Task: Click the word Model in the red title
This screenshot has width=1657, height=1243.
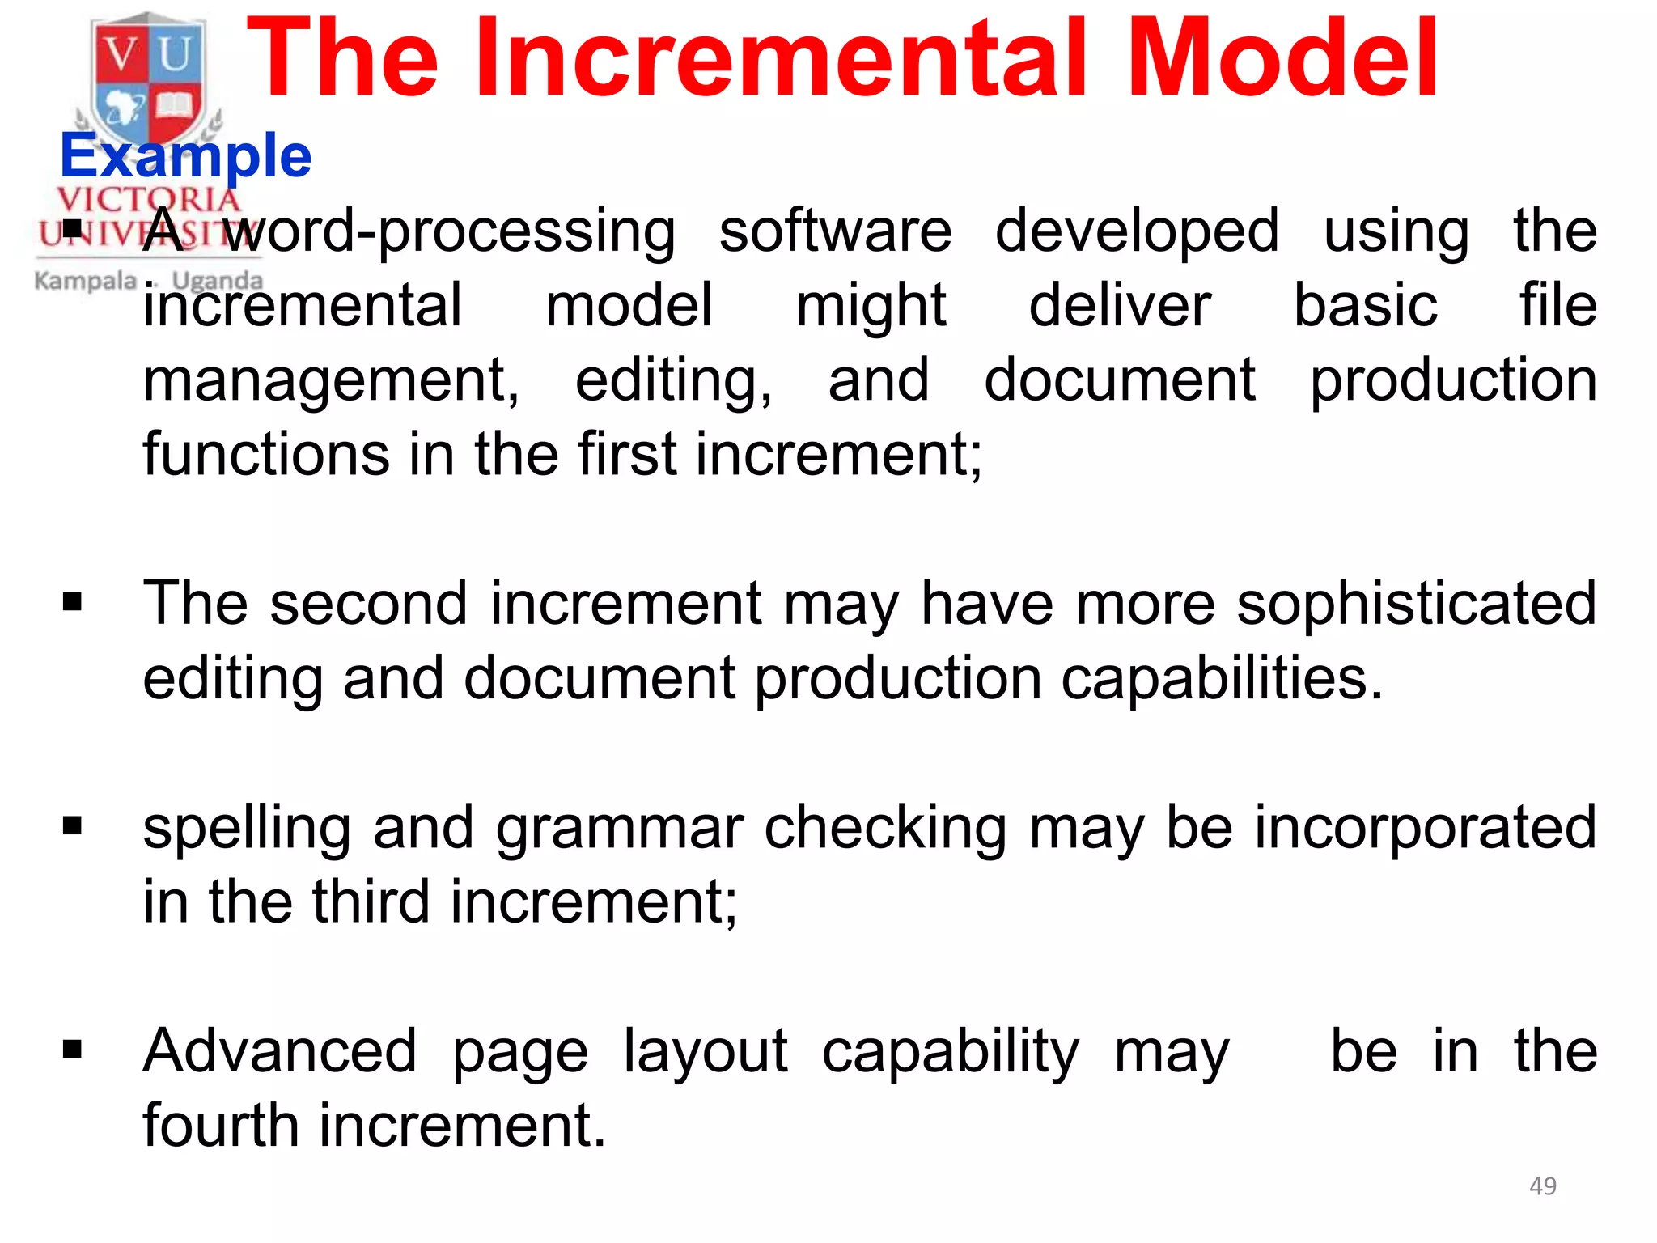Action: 1282,61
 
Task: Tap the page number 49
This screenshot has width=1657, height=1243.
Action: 1543,1186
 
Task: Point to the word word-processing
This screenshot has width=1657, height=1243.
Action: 449,232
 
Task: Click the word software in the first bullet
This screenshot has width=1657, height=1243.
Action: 836,231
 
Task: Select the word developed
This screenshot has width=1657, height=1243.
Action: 1137,232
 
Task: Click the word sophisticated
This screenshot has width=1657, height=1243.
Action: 1417,605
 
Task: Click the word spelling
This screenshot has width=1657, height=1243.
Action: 247,829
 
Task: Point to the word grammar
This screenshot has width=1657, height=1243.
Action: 619,829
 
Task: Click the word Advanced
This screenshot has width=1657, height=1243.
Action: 280,1051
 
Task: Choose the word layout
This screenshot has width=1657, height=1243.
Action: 706,1053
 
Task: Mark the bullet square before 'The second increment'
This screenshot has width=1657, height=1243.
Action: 73,602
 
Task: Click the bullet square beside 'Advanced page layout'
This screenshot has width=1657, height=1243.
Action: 73,1050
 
